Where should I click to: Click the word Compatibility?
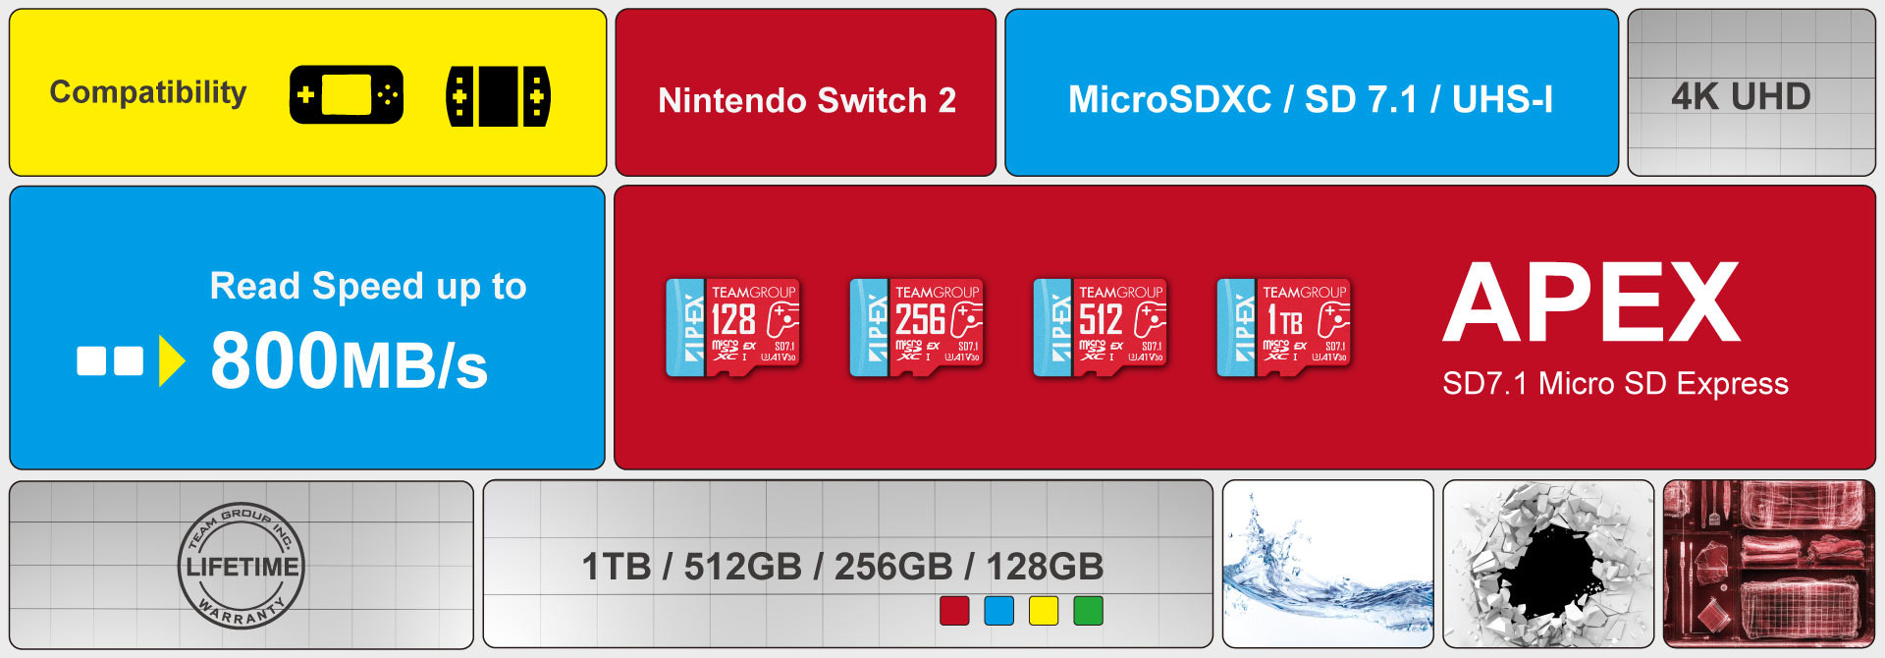pos(148,92)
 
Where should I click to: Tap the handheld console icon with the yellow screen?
pos(346,95)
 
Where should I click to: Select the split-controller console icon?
pos(498,96)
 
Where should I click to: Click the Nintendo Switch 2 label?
pos(806,100)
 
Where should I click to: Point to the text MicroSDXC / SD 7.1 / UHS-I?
pos(1310,99)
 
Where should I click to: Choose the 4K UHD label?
pos(1741,96)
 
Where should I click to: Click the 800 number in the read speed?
pos(275,361)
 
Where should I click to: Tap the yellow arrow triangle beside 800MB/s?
pos(171,361)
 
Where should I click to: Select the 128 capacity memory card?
pos(733,328)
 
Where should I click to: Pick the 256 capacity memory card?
pos(917,328)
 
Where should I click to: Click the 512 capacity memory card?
pos(1101,328)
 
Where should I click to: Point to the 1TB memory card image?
pos(1284,328)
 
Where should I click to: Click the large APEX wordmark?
pos(1591,302)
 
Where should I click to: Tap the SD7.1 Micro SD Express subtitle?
pos(1615,384)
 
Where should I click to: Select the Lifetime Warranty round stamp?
pos(242,566)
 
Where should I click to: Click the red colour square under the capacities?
pos(954,611)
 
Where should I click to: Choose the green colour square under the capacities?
pos(1088,611)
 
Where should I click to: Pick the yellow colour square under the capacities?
pos(1043,611)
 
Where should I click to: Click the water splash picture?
pos(1327,564)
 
